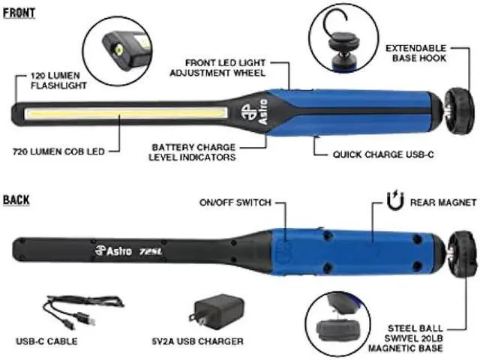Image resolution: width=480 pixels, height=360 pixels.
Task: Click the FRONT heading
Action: point(19,13)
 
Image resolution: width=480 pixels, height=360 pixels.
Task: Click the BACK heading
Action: point(16,200)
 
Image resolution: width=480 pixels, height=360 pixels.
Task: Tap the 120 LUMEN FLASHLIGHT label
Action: point(58,80)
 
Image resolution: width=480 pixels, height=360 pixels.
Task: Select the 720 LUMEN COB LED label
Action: point(58,151)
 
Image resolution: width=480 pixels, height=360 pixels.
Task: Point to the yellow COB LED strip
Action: point(126,113)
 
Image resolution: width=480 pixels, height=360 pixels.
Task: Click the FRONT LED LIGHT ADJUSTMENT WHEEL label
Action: point(217,68)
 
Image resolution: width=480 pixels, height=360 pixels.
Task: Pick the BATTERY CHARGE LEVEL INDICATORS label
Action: point(192,152)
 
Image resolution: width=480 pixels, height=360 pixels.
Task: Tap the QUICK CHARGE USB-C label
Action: point(383,154)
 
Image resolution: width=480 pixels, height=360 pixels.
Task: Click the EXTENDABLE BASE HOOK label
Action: point(415,53)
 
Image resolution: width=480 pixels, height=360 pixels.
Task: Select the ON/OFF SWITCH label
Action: point(235,202)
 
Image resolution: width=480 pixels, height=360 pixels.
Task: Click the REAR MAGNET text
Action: point(443,202)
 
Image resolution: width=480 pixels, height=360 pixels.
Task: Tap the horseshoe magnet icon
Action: point(395,200)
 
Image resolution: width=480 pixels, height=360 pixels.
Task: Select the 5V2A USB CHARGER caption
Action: point(197,341)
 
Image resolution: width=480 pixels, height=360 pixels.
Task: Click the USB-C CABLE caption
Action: point(46,341)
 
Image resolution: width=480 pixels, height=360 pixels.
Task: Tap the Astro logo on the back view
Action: point(113,251)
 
